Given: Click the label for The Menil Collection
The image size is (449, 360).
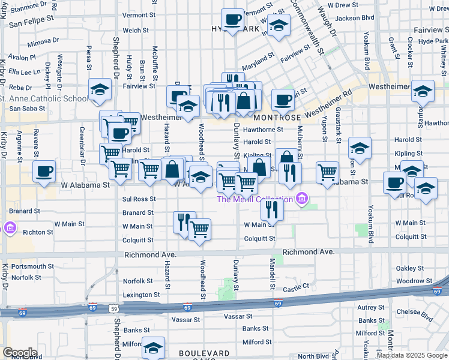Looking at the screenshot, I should (255, 200).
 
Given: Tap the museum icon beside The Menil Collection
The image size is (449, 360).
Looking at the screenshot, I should (301, 199).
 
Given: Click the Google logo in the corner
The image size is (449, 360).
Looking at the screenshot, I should (20, 352).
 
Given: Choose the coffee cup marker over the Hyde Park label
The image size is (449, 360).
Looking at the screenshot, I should (233, 19).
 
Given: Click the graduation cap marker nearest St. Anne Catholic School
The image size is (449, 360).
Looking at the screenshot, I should (100, 89).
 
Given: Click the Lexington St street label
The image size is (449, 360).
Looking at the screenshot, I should (141, 295).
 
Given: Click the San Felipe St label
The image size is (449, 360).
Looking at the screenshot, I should (29, 22).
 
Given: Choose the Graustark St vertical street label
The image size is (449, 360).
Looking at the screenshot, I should (339, 130).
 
